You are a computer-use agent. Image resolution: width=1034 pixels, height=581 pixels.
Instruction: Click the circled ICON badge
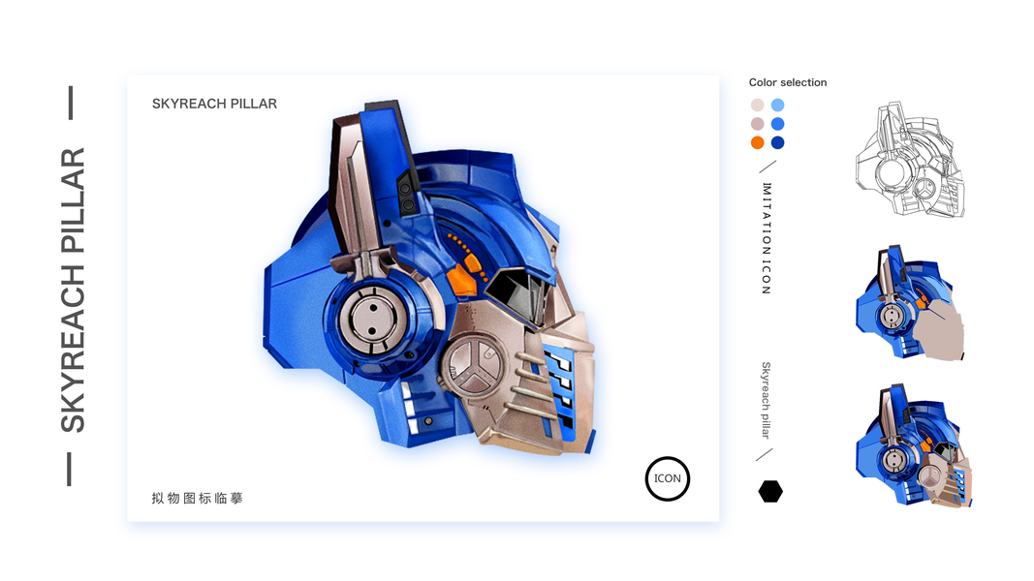(x=668, y=479)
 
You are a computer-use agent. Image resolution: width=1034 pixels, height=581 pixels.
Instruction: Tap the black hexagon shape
(x=770, y=491)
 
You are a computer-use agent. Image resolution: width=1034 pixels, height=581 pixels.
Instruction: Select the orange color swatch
(x=757, y=143)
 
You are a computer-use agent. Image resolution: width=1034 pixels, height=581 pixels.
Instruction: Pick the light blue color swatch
(x=778, y=105)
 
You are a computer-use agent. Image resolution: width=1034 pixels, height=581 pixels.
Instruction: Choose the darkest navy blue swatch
(x=778, y=143)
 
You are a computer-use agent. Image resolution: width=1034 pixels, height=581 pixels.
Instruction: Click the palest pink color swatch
(x=757, y=105)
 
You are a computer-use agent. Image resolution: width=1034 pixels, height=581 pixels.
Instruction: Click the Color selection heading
(x=787, y=82)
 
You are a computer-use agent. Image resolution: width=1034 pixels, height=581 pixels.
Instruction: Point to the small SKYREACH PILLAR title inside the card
(x=214, y=104)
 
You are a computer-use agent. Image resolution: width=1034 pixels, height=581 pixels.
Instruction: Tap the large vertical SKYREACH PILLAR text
(x=73, y=290)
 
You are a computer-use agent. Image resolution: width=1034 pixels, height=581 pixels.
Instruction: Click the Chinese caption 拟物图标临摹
(x=197, y=498)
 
